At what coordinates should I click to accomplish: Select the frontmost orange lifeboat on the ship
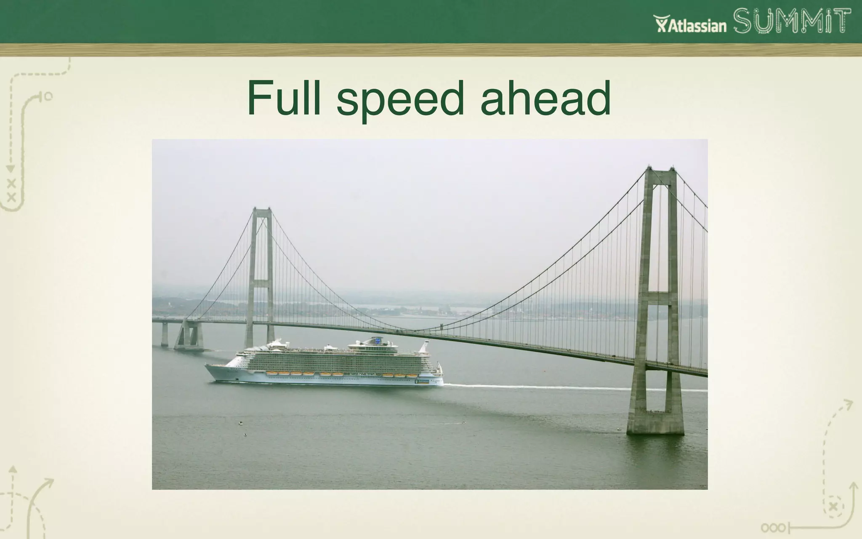[271, 373]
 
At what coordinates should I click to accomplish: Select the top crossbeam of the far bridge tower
[262, 210]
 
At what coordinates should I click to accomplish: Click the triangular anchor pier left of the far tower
[189, 335]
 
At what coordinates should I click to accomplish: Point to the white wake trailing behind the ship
[526, 386]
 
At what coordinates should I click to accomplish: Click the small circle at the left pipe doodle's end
[48, 97]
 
